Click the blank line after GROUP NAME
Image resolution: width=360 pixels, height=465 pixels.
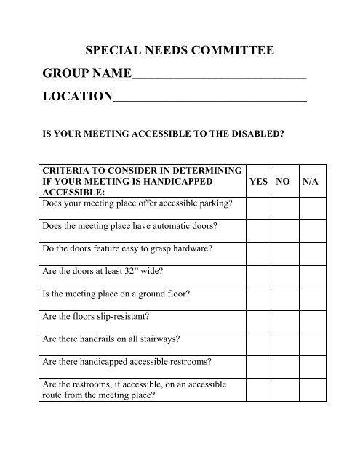point(219,76)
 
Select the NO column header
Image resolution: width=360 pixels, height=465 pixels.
point(283,182)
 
